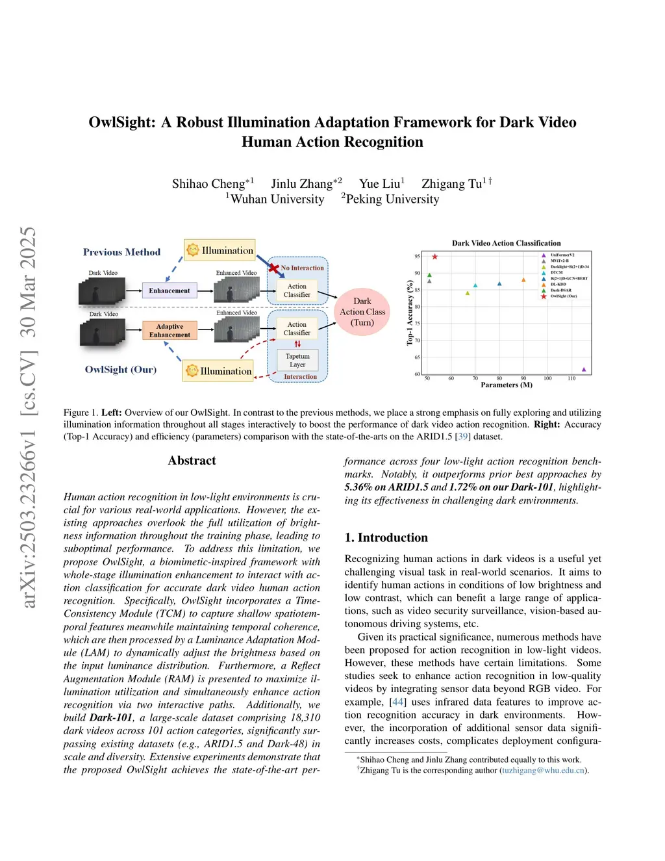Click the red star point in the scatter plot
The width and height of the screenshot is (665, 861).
tap(434, 257)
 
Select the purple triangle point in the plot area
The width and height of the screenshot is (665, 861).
tap(584, 370)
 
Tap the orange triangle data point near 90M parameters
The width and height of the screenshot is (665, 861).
tap(523, 280)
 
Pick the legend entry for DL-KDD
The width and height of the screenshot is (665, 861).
tap(558, 284)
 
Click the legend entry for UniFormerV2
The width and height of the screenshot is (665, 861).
tap(562, 255)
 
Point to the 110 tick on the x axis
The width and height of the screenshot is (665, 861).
tap(571, 378)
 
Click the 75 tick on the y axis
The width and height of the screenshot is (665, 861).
tap(417, 324)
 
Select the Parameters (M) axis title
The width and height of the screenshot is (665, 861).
tap(506, 385)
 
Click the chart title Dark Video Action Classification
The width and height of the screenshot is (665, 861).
tap(506, 243)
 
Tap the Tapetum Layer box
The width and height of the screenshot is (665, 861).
tap(297, 361)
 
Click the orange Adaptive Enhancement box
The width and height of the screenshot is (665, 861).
tap(169, 331)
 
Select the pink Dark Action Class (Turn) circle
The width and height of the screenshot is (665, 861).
tap(362, 312)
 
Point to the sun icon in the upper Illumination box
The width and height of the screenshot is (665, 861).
tap(193, 250)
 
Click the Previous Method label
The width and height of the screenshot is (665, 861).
tap(121, 252)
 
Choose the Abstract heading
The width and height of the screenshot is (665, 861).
tap(192, 461)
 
